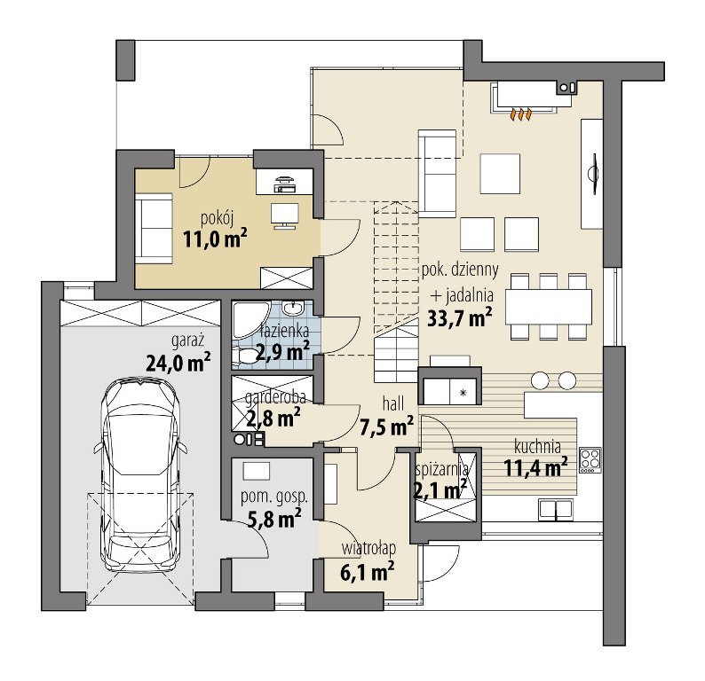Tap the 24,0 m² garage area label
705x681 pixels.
click(x=178, y=363)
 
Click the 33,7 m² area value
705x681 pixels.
click(x=460, y=317)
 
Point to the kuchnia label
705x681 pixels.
click(x=537, y=447)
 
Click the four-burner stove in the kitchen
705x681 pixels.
click(x=590, y=459)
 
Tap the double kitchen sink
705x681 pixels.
click(x=556, y=510)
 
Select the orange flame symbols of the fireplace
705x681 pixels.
click(x=520, y=114)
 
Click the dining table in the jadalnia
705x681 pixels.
click(x=549, y=307)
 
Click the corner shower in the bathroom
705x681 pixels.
click(x=250, y=320)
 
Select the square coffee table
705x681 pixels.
click(x=500, y=174)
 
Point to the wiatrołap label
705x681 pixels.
click(x=368, y=548)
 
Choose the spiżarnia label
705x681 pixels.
click(x=442, y=470)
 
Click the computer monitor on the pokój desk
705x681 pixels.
click(x=285, y=214)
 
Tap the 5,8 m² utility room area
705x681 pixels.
click(x=274, y=519)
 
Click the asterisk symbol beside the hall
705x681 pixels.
click(x=463, y=393)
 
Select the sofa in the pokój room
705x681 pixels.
click(x=154, y=229)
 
